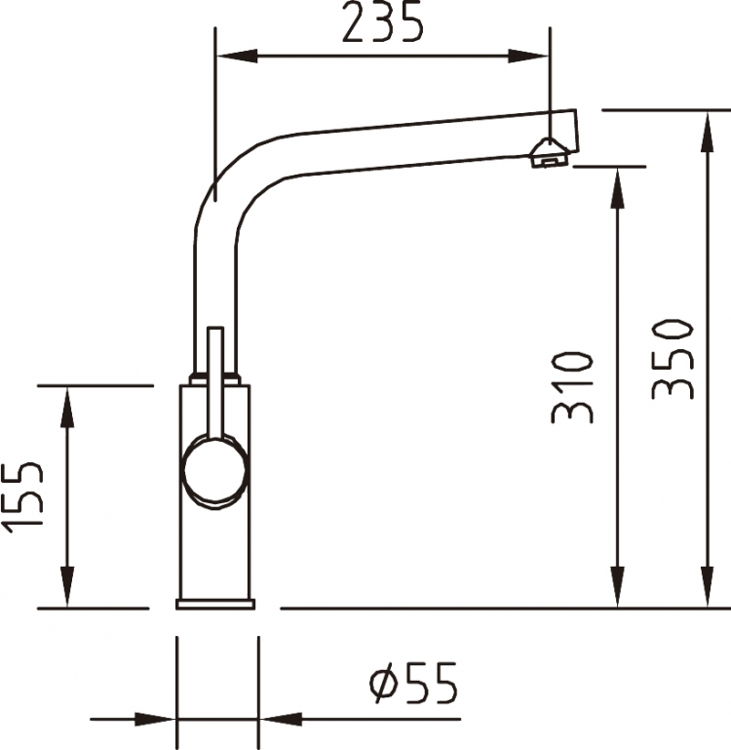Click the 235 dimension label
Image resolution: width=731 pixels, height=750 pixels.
point(383,21)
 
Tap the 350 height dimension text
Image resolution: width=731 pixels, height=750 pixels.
point(673,359)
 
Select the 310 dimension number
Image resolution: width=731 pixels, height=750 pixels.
point(572,387)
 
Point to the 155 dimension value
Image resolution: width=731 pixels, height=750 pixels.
point(22,497)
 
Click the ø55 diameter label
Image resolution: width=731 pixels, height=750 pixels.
point(414,683)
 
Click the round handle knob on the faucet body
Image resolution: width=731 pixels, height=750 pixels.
point(215,470)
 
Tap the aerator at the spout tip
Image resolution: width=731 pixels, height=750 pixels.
point(549,153)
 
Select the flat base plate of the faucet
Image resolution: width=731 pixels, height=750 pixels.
point(215,604)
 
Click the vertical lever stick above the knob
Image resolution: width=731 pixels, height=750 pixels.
point(215,382)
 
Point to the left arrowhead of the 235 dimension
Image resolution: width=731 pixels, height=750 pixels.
point(238,56)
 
